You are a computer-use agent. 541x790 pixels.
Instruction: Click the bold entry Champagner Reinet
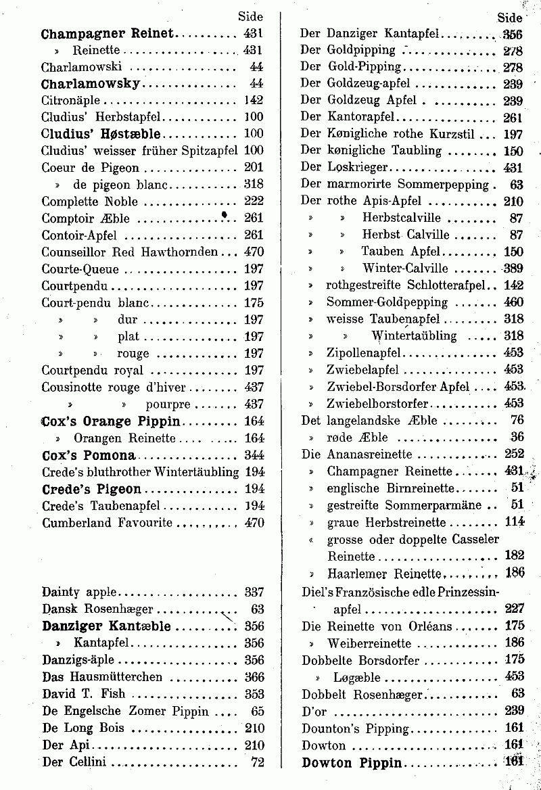click(108, 33)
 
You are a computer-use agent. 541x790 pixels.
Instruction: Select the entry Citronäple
click(67, 100)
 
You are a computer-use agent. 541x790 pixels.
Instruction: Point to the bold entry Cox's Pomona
click(89, 455)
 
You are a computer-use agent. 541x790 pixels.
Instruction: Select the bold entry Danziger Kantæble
click(106, 626)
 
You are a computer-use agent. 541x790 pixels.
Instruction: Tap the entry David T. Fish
click(83, 694)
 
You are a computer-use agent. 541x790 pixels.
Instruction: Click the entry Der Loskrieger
click(346, 168)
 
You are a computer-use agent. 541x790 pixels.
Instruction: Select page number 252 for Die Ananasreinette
click(515, 455)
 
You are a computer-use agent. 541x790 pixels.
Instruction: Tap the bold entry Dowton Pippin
click(352, 763)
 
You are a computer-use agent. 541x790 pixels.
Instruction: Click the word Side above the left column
click(250, 16)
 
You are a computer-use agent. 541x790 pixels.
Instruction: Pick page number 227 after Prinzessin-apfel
click(515, 609)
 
